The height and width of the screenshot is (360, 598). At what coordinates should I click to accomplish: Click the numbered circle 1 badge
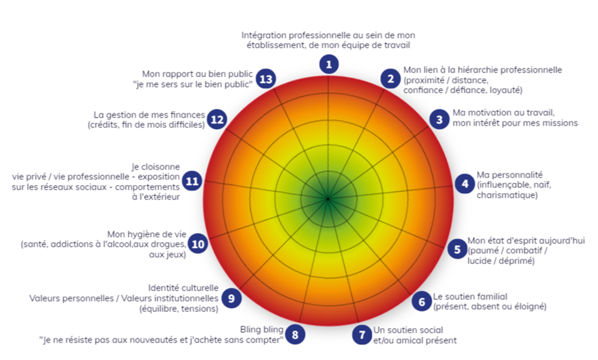pyautogui.click(x=329, y=64)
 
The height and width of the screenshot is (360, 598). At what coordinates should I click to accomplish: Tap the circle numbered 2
pyautogui.click(x=390, y=78)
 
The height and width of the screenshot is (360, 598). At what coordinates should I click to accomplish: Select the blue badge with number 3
pyautogui.click(x=439, y=119)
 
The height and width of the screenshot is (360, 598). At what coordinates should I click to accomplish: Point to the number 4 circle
pyautogui.click(x=464, y=184)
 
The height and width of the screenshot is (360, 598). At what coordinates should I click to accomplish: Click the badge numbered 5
pyautogui.click(x=457, y=249)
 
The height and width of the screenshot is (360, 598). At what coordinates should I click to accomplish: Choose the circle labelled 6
pyautogui.click(x=421, y=301)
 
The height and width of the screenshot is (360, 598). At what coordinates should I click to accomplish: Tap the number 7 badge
pyautogui.click(x=362, y=334)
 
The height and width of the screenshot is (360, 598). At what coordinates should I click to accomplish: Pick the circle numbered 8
pyautogui.click(x=295, y=334)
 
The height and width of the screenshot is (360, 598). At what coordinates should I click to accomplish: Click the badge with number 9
pyautogui.click(x=231, y=298)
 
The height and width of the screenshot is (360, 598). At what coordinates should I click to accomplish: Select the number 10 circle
pyautogui.click(x=198, y=244)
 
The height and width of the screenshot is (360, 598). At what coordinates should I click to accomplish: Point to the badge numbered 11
pyautogui.click(x=192, y=181)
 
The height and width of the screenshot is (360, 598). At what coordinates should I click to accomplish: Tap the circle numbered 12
pyautogui.click(x=217, y=119)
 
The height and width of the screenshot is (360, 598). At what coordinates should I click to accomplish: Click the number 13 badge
pyautogui.click(x=265, y=78)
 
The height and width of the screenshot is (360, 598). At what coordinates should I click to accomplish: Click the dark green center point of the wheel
pyautogui.click(x=328, y=199)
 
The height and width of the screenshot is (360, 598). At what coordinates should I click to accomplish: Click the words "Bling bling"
pyautogui.click(x=262, y=330)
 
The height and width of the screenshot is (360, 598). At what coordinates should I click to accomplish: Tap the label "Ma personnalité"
pyautogui.click(x=510, y=175)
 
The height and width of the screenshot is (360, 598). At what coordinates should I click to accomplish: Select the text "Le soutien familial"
pyautogui.click(x=470, y=297)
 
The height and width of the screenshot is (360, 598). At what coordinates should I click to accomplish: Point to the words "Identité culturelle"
pyautogui.click(x=184, y=288)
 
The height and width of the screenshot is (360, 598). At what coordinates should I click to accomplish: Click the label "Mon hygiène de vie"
pyautogui.click(x=147, y=234)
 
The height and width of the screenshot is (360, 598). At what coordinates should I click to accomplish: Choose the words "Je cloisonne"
pyautogui.click(x=156, y=167)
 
